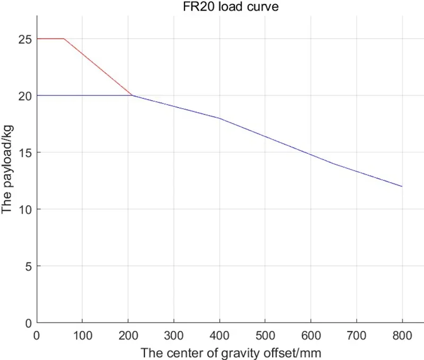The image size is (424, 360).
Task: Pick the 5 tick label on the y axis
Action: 28,266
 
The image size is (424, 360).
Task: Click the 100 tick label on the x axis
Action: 82,335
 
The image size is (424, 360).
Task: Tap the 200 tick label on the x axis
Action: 128,335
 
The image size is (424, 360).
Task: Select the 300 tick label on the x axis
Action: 174,335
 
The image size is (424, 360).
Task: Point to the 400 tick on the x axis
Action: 219,335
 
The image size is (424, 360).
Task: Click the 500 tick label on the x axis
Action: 265,335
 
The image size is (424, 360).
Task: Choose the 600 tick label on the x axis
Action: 311,335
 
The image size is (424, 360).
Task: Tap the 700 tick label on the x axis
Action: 357,335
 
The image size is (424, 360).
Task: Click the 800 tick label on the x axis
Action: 402,335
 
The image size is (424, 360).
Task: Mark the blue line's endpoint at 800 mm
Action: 402,186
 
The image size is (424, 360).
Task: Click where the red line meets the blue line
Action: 132,95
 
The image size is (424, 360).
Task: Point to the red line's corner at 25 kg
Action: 64,39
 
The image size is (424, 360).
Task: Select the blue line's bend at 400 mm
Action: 219,118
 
